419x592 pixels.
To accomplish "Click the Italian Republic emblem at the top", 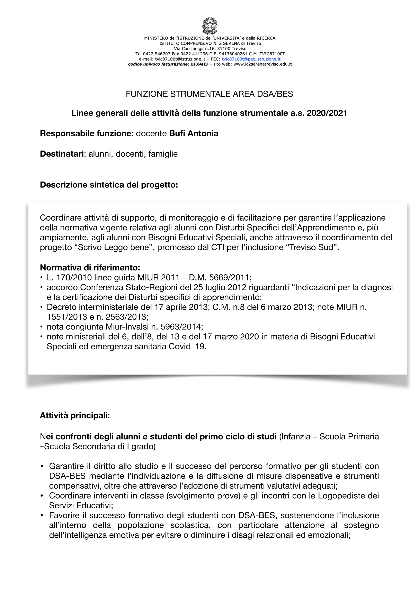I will pyautogui.click(x=209, y=26).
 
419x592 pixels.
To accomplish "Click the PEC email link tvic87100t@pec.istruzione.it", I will pyautogui.click(x=251, y=59).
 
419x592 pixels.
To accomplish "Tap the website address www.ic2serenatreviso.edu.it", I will pyautogui.click(x=262, y=64).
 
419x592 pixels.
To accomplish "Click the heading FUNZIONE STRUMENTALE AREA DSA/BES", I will pyautogui.click(x=209, y=94).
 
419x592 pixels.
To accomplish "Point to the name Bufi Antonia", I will pyautogui.click(x=194, y=133).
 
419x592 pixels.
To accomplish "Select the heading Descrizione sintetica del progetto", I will pyautogui.click(x=109, y=185).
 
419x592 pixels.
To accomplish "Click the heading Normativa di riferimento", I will pyautogui.click(x=90, y=267).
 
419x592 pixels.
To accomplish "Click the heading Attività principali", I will pyautogui.click(x=75, y=416).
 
